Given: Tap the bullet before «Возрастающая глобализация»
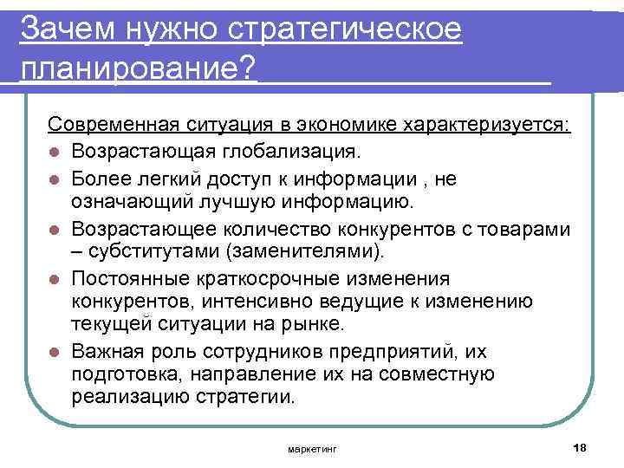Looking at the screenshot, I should tap(54, 153).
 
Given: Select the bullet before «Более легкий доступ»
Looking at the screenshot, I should tap(54, 179).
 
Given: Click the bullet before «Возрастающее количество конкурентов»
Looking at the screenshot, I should tap(54, 229).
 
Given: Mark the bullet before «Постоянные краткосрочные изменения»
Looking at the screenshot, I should tap(54, 279).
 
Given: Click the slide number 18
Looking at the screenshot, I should tap(581, 446).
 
